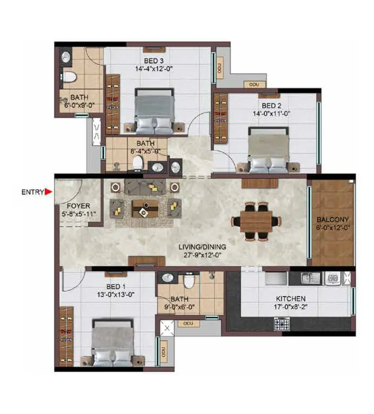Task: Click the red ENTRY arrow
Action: pos(48,192)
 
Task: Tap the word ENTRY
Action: pos(32,192)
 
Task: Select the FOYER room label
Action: pos(78,206)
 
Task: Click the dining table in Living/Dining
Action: pos(256,221)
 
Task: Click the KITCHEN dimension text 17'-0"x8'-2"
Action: pos(290,308)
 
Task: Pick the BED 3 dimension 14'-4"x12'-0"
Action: pos(153,69)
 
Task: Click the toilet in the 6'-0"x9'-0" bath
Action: pos(69,77)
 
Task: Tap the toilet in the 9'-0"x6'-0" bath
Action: pos(189,281)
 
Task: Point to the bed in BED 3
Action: pos(153,109)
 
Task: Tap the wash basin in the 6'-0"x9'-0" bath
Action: pos(66,57)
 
